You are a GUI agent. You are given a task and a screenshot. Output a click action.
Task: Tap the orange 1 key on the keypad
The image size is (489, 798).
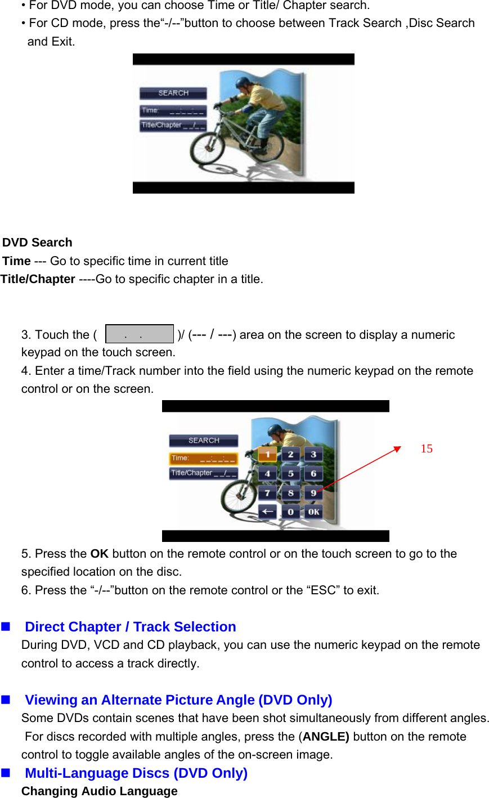(267, 454)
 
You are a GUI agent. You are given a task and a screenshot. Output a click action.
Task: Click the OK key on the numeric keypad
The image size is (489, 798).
(313, 512)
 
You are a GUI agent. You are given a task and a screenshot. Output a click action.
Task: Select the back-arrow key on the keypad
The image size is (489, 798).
(267, 512)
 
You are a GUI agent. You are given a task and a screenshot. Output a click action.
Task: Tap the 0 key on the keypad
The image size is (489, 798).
(290, 512)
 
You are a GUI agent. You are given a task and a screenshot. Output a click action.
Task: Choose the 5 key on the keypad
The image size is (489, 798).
(290, 473)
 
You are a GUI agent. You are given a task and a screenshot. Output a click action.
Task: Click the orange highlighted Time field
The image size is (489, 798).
(203, 459)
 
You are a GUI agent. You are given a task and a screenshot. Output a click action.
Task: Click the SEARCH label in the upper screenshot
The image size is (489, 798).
(173, 93)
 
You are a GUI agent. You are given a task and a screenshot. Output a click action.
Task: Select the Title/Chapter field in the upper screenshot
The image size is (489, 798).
(173, 125)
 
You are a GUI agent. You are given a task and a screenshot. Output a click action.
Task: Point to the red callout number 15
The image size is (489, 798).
(427, 449)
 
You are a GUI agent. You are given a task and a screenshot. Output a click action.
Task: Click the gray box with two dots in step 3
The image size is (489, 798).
(140, 334)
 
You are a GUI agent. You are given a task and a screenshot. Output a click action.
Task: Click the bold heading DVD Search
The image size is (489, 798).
(37, 243)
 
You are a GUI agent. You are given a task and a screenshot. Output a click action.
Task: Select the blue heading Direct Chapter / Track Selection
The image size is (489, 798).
(130, 627)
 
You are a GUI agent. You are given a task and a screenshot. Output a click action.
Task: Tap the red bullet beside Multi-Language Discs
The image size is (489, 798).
(6, 773)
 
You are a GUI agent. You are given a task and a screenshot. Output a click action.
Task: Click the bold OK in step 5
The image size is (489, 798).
(99, 554)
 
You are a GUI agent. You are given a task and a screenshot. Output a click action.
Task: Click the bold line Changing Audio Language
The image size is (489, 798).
(100, 791)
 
